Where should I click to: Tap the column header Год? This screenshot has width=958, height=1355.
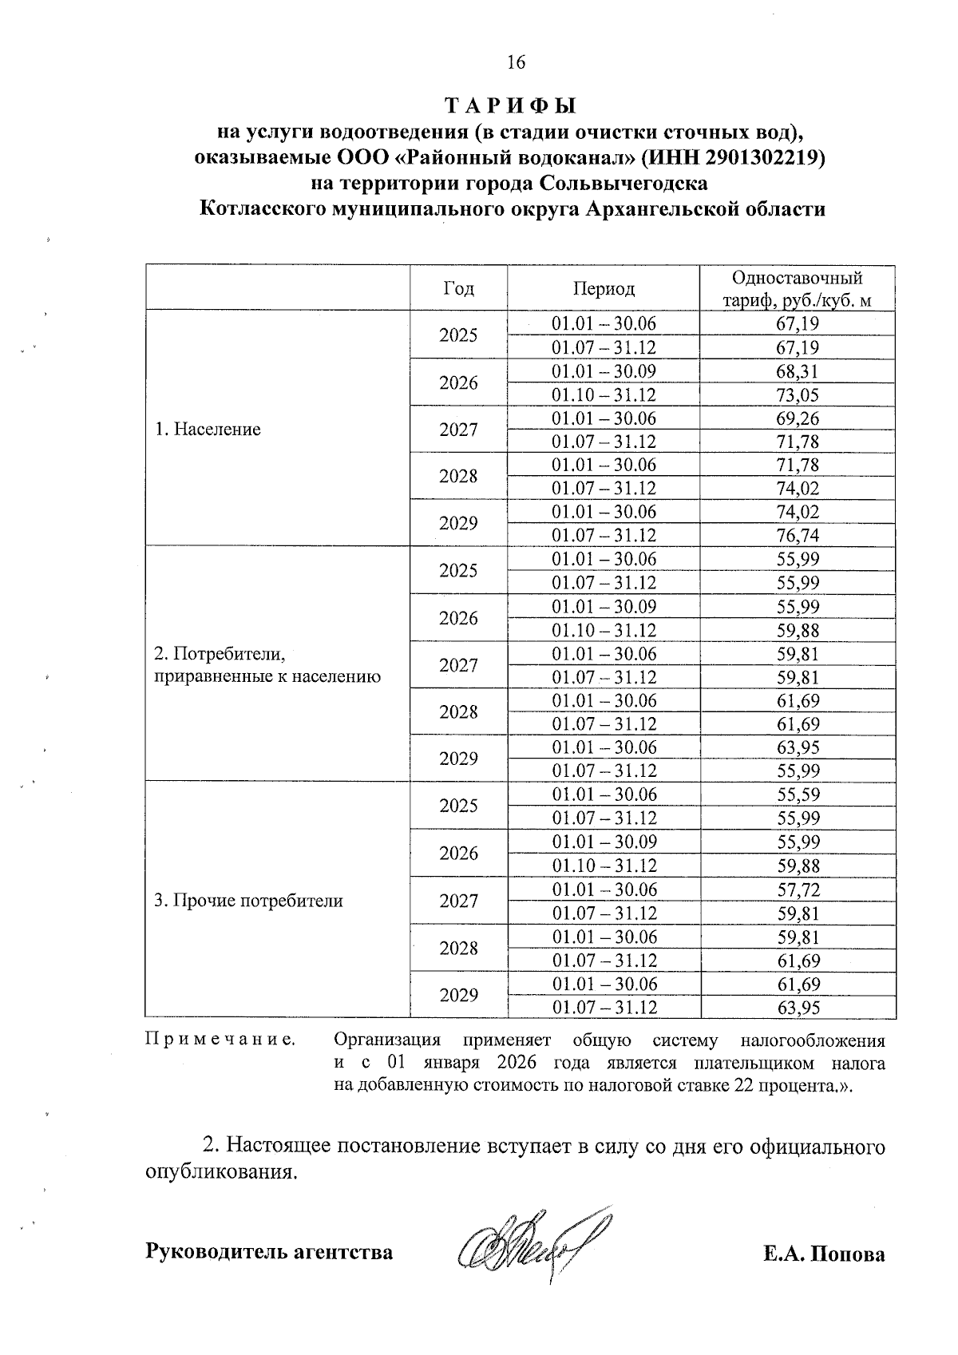click(458, 288)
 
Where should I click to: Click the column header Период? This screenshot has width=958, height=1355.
click(604, 288)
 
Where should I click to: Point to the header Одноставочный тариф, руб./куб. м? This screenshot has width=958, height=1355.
click(798, 288)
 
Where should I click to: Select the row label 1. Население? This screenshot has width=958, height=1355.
click(208, 430)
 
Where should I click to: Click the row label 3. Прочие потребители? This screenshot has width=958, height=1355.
click(248, 901)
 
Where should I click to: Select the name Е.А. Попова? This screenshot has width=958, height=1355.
click(824, 1254)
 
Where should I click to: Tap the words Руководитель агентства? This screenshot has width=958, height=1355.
click(269, 1251)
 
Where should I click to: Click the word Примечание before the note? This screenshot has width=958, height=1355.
click(220, 1040)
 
